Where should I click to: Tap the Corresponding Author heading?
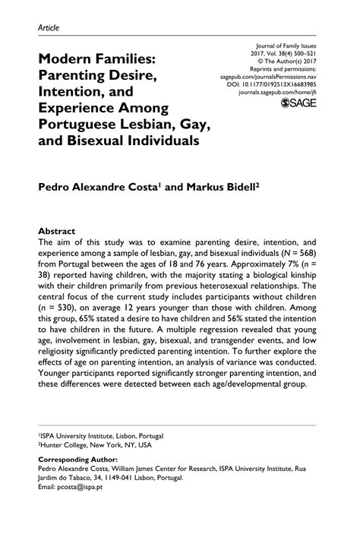coord(77,460)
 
